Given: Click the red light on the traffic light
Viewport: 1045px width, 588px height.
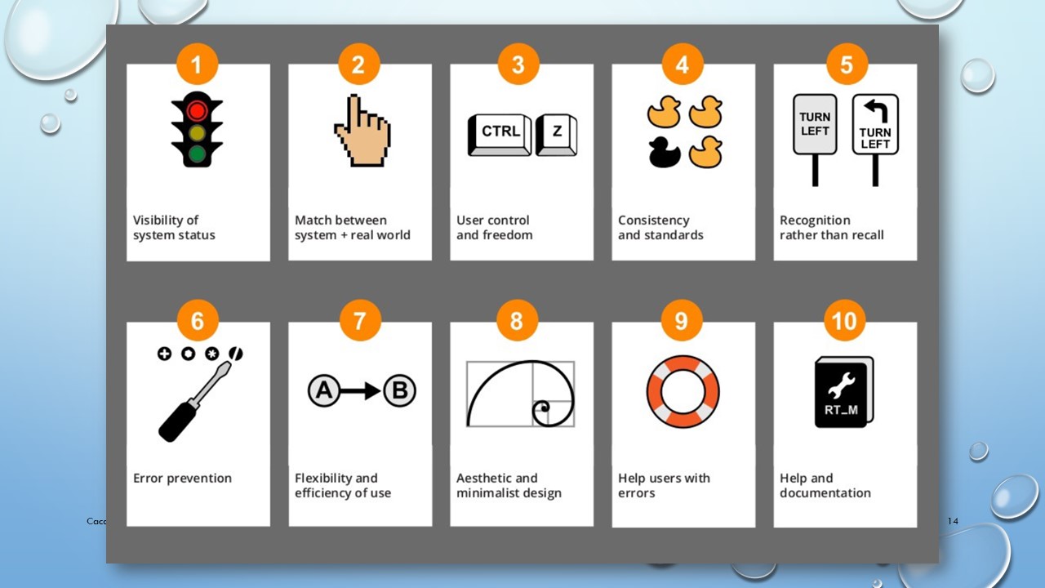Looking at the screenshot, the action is [197, 110].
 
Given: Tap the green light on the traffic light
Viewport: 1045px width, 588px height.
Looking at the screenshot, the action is [197, 154].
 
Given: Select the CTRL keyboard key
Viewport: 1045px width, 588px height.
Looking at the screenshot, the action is [500, 135].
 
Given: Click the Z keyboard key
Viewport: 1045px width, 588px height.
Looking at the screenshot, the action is [556, 135].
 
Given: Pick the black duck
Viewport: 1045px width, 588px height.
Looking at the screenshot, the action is [664, 152].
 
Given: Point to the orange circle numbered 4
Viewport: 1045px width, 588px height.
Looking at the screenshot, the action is [682, 65].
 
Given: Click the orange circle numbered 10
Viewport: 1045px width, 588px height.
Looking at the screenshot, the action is [844, 321].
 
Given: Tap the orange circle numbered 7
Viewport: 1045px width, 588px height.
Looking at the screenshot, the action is [360, 321].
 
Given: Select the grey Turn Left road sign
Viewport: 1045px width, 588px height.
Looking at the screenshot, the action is [815, 140].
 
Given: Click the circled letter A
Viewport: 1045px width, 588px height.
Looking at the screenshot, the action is [324, 390].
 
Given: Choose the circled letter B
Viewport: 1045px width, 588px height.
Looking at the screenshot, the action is [400, 390].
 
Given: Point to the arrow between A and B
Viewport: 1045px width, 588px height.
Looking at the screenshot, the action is [361, 390].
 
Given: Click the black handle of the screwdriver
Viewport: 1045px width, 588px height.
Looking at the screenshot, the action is [177, 420].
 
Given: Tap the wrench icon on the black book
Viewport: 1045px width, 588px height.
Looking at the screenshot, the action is [842, 385].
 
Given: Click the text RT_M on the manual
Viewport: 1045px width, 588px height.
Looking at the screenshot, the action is [841, 410].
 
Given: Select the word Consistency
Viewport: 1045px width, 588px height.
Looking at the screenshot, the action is [654, 220].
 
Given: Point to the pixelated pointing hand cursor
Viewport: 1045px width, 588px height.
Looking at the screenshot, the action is [362, 131].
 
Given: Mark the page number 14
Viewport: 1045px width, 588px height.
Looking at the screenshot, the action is [953, 521].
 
